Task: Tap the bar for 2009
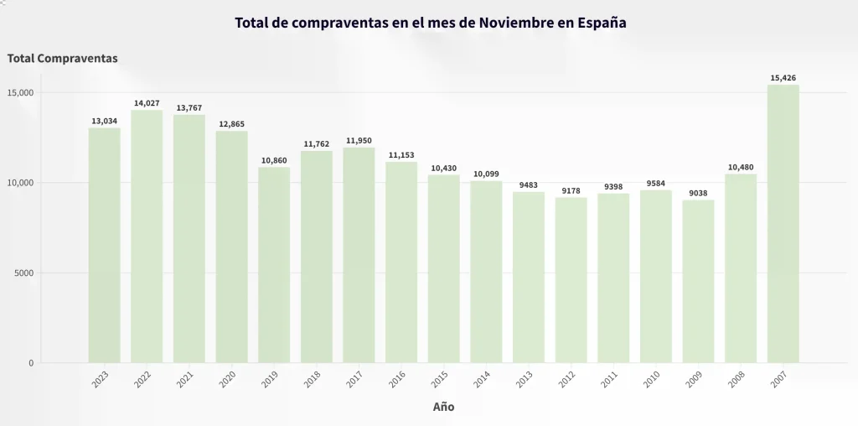698,281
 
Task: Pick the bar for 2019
274,265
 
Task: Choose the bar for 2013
529,277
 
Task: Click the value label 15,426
783,78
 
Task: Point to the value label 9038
698,193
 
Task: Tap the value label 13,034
104,121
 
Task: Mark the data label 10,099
486,174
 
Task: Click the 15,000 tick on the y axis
19,92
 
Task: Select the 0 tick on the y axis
30,363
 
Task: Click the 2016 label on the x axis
398,381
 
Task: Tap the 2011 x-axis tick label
610,381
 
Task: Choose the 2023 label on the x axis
101,381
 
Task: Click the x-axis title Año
443,407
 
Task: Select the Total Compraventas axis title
62,59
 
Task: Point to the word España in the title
602,23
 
